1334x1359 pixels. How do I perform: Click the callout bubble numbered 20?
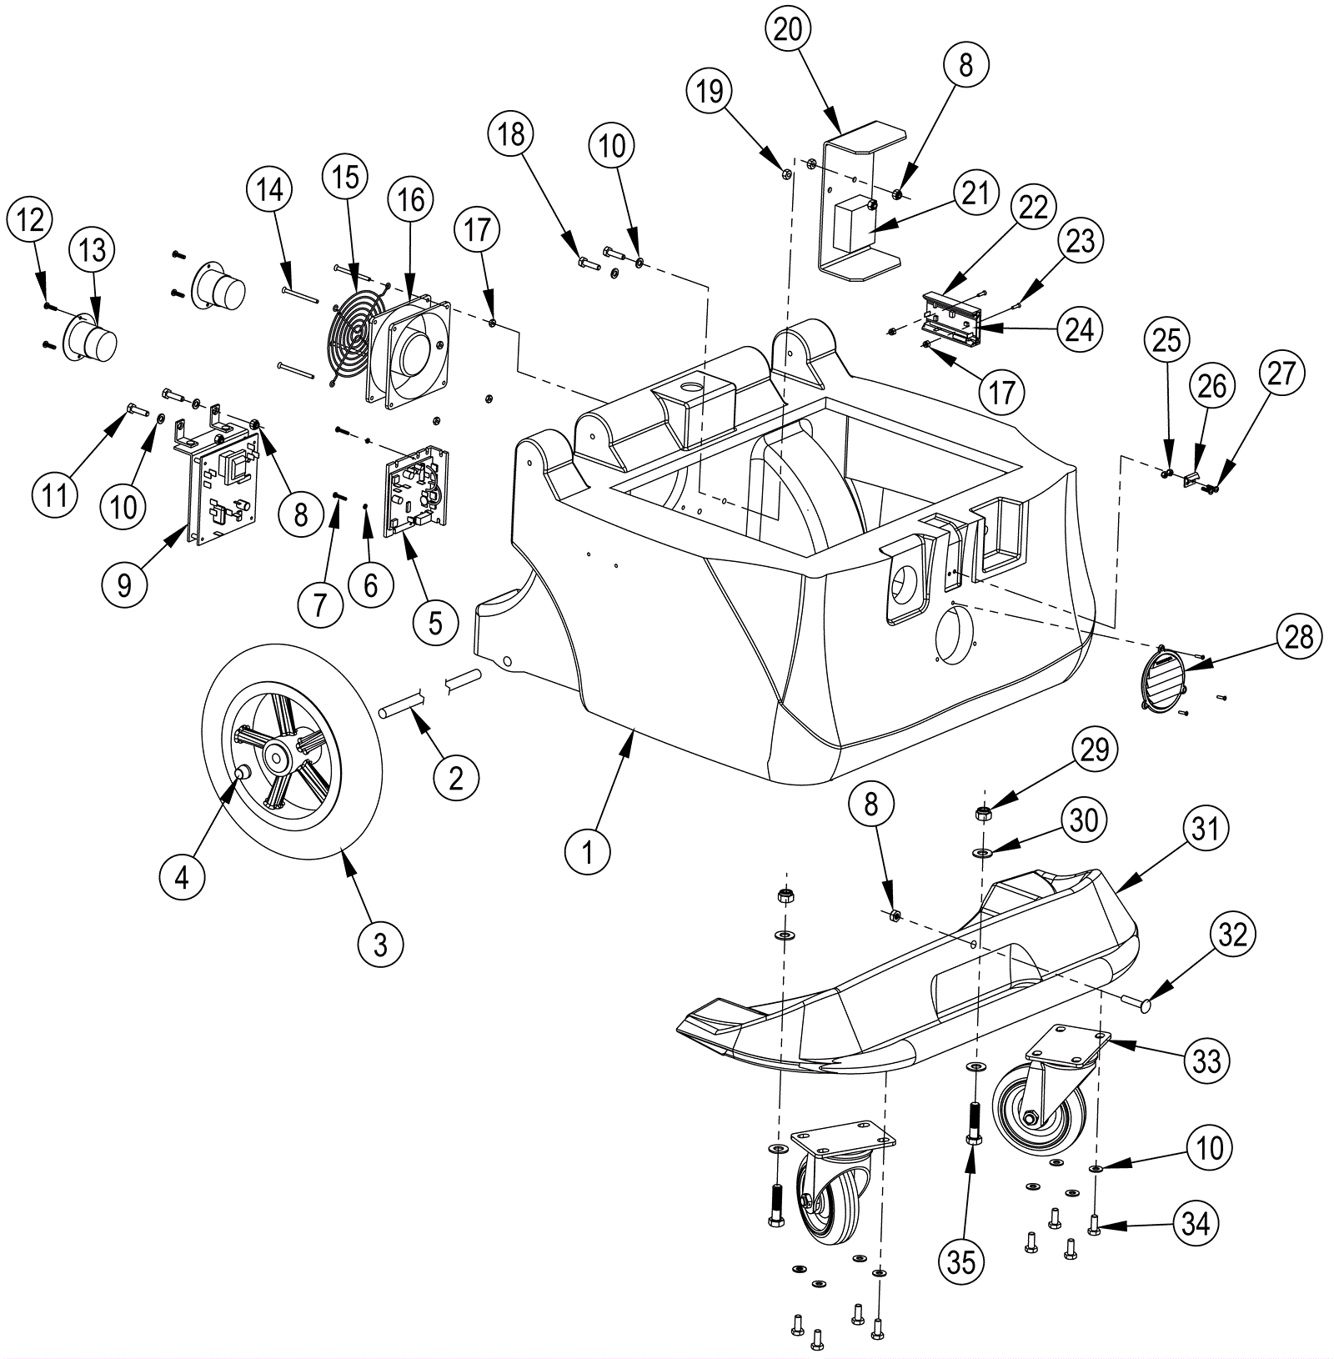click(x=788, y=30)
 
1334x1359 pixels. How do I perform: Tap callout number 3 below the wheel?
click(x=380, y=945)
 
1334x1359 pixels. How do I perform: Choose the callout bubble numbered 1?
click(x=588, y=852)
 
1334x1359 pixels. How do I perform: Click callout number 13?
click(x=93, y=249)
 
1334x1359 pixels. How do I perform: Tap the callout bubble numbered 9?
click(x=123, y=584)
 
